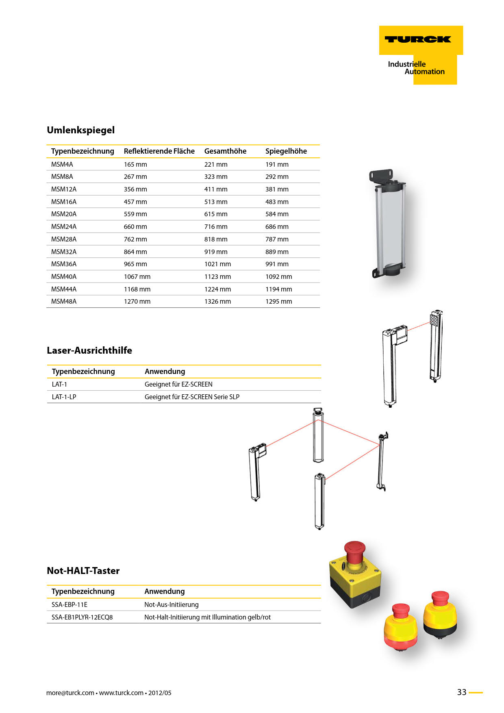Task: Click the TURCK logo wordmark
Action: click(x=418, y=39)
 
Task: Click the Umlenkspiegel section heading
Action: click(x=81, y=130)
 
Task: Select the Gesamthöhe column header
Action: click(x=225, y=151)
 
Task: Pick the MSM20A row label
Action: click(x=64, y=214)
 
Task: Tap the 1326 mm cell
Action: click(x=217, y=302)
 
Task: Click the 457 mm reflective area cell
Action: click(x=135, y=202)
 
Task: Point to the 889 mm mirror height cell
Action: click(x=277, y=252)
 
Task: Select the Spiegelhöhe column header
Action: click(x=286, y=151)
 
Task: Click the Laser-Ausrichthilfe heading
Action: click(x=89, y=350)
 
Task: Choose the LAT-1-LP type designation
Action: click(x=64, y=397)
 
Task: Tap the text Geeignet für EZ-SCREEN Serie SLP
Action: click(x=192, y=397)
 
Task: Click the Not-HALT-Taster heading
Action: click(x=83, y=571)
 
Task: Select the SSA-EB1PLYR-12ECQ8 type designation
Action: click(x=82, y=617)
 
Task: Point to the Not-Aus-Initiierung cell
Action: click(x=172, y=605)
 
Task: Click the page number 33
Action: click(x=462, y=692)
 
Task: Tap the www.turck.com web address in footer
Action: click(x=121, y=693)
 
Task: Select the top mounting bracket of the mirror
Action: click(x=381, y=176)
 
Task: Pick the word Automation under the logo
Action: click(x=425, y=72)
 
